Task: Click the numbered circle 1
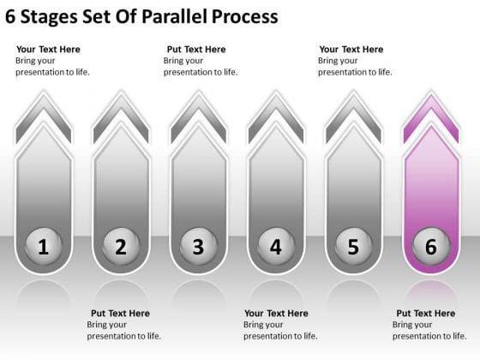coord(44,247)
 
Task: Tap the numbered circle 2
coord(121,247)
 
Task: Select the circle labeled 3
coord(198,247)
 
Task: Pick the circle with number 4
coord(275,247)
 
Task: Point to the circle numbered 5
coord(353,247)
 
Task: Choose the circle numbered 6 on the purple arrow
coord(430,247)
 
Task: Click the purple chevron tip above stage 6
coord(430,109)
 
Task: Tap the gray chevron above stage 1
coord(44,109)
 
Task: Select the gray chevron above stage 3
coord(198,109)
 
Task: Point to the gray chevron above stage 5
coord(353,109)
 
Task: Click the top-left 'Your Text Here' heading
coord(48,50)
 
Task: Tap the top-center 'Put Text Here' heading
coord(196,50)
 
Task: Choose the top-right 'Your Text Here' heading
coord(351,50)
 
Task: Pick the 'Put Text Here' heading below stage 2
coord(120,314)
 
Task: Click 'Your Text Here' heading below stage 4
coord(276,314)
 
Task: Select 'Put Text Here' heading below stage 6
coord(426,314)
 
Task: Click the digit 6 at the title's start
coord(10,16)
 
